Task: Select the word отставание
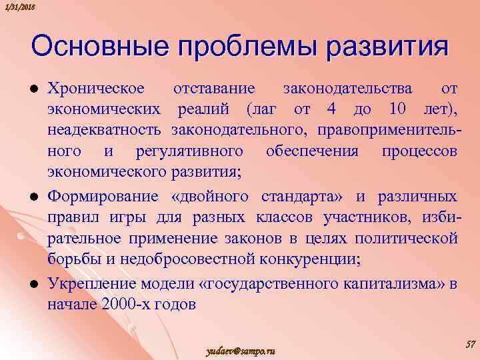pyautogui.click(x=214, y=88)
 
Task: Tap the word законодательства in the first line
pyautogui.click(x=347, y=88)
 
